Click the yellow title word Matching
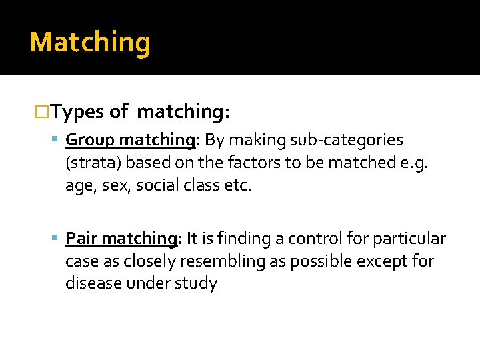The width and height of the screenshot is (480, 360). [x=90, y=43]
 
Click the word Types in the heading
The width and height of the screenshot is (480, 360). [x=77, y=112]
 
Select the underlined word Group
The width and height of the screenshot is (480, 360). [x=91, y=140]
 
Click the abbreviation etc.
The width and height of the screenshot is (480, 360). [x=239, y=185]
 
